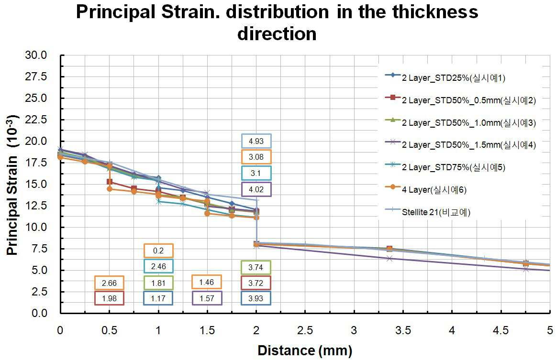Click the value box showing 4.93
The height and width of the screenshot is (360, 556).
(256, 141)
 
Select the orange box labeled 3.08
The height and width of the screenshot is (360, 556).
(256, 157)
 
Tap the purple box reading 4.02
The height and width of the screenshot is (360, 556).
(256, 189)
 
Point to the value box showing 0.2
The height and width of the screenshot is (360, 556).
(158, 251)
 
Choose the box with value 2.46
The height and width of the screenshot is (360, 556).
(158, 266)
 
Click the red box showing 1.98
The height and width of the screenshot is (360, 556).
(109, 298)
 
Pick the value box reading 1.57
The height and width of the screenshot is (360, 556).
(207, 298)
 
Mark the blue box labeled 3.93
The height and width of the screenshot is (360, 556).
(256, 298)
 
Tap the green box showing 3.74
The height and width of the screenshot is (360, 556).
(256, 267)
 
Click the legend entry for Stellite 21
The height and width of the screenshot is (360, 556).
(428, 212)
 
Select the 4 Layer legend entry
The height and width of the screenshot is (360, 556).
(426, 189)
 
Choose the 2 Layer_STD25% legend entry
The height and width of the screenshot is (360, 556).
(445, 77)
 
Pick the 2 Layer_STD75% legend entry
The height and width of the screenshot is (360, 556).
(445, 167)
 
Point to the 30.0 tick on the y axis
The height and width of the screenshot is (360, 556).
(36, 55)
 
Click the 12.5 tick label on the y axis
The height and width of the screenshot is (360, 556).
(36, 206)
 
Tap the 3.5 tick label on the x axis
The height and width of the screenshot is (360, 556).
(403, 330)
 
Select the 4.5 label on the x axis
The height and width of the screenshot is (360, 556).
(500, 330)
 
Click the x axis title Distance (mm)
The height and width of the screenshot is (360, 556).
(305, 350)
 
